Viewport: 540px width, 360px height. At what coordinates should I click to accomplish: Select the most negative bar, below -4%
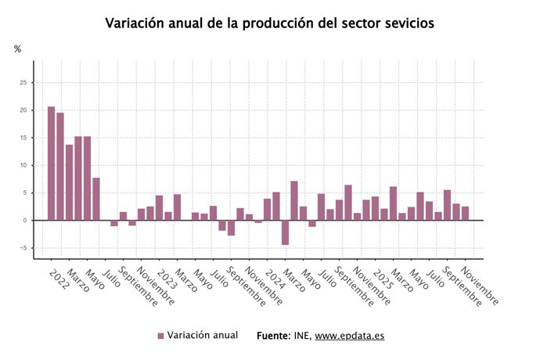click(x=286, y=232)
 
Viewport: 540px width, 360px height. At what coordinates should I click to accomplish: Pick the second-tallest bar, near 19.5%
click(x=60, y=166)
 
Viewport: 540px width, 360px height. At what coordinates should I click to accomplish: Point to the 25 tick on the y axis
click(x=23, y=82)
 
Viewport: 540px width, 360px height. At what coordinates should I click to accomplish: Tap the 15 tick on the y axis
click(x=23, y=138)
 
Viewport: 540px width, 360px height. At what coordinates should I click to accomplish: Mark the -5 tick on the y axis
click(x=23, y=248)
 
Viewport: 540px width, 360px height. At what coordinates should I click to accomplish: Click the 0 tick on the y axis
click(x=25, y=221)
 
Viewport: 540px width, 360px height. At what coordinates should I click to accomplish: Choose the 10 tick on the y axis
click(x=23, y=165)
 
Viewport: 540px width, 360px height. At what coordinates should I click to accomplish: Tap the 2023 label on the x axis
click(x=165, y=279)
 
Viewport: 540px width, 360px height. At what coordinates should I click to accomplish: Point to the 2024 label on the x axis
click(x=272, y=279)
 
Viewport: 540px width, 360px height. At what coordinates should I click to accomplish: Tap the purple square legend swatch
click(x=160, y=336)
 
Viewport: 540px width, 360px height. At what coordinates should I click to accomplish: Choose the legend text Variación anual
click(x=202, y=335)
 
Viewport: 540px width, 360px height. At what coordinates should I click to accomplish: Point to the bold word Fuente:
click(x=275, y=335)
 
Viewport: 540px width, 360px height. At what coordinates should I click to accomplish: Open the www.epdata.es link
click(x=350, y=335)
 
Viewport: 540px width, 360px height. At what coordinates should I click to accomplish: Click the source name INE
click(x=303, y=335)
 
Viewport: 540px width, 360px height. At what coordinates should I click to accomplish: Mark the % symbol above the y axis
click(x=18, y=49)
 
